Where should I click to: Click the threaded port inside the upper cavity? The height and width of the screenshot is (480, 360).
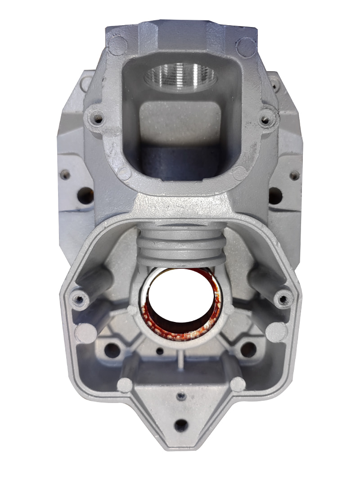tap(180, 77)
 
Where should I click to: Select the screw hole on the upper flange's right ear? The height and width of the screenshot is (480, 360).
tap(266, 119)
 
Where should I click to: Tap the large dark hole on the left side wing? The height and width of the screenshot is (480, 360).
tap(85, 195)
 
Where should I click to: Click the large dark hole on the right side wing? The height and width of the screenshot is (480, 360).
tap(275, 195)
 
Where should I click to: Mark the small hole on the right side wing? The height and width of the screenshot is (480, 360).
tap(294, 175)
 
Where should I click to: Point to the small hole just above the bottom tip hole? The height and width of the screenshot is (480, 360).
tap(181, 396)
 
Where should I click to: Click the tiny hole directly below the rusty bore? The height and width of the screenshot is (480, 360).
tap(159, 351)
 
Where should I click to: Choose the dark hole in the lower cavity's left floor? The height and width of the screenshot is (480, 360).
tap(112, 350)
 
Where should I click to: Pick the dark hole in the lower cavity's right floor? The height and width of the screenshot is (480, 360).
tap(248, 349)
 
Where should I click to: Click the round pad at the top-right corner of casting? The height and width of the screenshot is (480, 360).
tap(246, 46)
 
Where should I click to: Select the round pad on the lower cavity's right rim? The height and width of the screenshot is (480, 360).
tap(276, 332)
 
